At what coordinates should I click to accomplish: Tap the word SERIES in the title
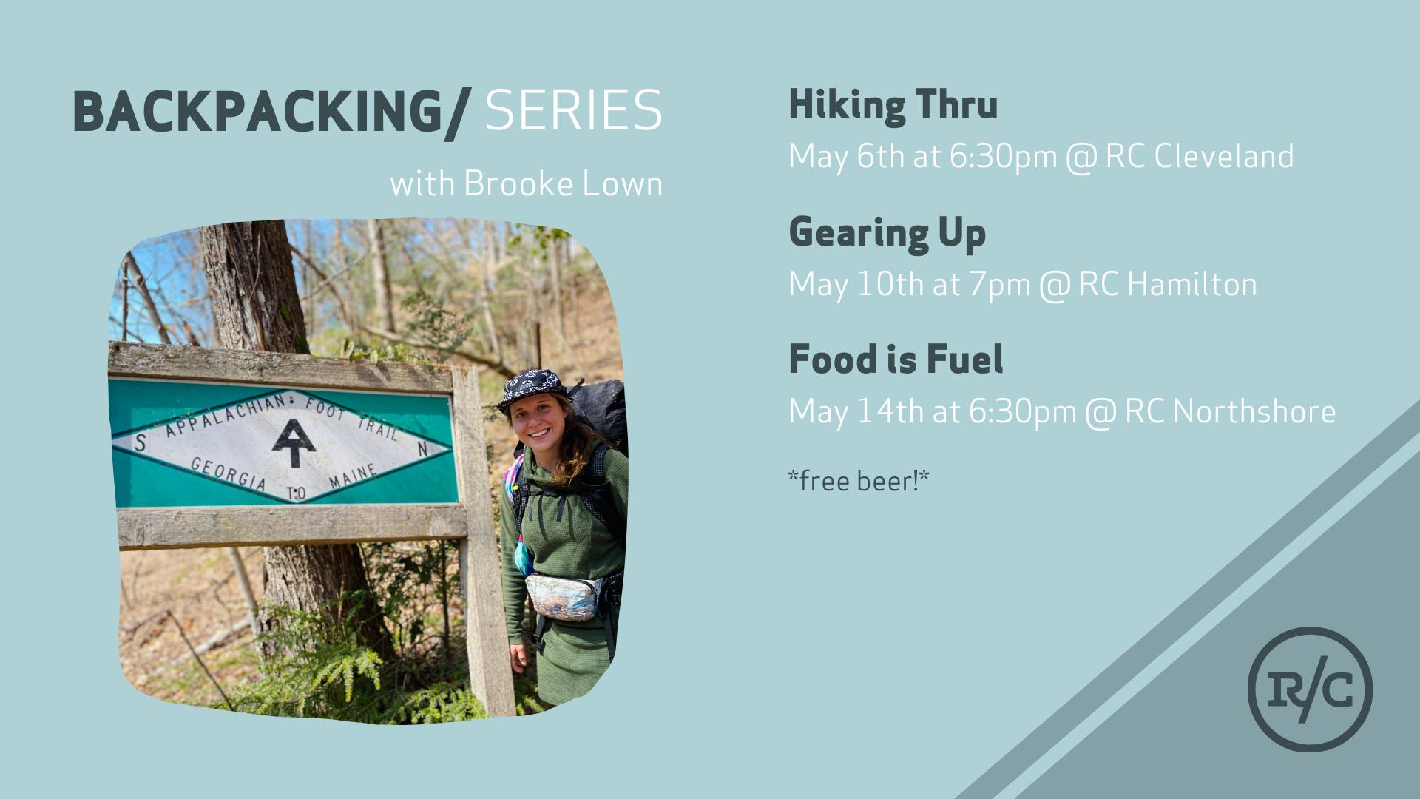pyautogui.click(x=574, y=111)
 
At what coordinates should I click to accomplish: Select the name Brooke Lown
pyautogui.click(x=563, y=183)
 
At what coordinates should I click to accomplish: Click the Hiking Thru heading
pyautogui.click(x=893, y=104)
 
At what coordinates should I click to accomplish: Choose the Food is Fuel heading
pyautogui.click(x=896, y=360)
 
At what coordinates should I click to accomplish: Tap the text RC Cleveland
pyautogui.click(x=1200, y=156)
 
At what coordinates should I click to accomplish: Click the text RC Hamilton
pyautogui.click(x=1168, y=284)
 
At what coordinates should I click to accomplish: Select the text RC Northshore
pyautogui.click(x=1231, y=411)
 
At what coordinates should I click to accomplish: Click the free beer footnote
pyautogui.click(x=859, y=482)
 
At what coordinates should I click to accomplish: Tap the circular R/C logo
pyautogui.click(x=1310, y=690)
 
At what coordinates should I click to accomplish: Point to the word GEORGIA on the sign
pyautogui.click(x=229, y=473)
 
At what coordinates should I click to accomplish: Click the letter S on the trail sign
pyautogui.click(x=140, y=443)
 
